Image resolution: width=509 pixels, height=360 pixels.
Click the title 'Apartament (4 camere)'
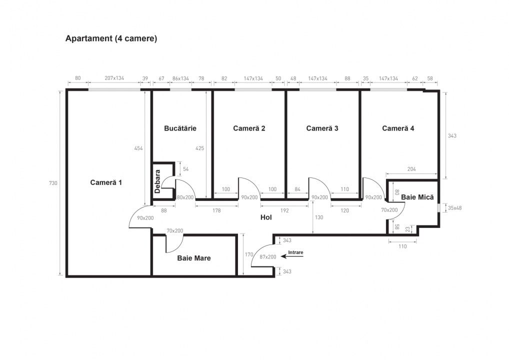[x=111, y=38]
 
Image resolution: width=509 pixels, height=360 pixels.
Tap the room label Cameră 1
[x=106, y=182]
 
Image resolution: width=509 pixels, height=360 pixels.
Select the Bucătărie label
[x=180, y=128]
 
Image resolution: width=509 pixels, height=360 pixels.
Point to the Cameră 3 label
[x=322, y=128]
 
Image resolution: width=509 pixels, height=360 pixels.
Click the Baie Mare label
[x=194, y=258]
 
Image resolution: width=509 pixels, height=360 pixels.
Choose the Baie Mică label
[x=417, y=197]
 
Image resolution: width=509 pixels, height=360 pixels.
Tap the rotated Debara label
[x=157, y=181]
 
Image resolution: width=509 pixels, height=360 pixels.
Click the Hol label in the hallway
[x=266, y=217]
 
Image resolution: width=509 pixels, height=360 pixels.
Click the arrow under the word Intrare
[x=292, y=256]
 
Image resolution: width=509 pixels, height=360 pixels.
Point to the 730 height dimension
[x=53, y=183]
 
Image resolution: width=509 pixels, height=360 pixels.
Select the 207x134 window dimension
[x=114, y=78]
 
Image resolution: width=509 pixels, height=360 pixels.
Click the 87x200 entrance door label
[x=268, y=257]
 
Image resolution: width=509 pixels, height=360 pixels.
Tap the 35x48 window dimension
[x=454, y=208]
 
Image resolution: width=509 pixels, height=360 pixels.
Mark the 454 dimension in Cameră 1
[x=138, y=148]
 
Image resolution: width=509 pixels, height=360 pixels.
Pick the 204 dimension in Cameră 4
[x=411, y=169]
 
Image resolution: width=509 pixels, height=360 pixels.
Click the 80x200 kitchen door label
[x=185, y=197]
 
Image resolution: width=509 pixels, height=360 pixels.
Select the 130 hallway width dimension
[x=319, y=217]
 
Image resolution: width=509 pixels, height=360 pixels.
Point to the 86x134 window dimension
[x=180, y=78]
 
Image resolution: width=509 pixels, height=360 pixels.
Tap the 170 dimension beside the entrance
[x=248, y=254]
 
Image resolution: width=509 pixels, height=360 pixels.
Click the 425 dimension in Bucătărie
[x=199, y=148]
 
